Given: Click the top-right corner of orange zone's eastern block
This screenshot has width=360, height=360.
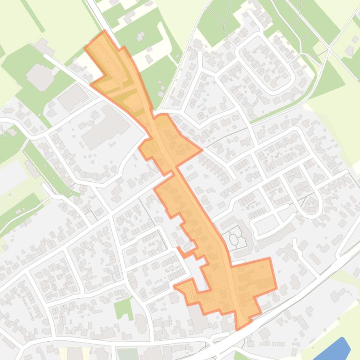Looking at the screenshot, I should [270, 258].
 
